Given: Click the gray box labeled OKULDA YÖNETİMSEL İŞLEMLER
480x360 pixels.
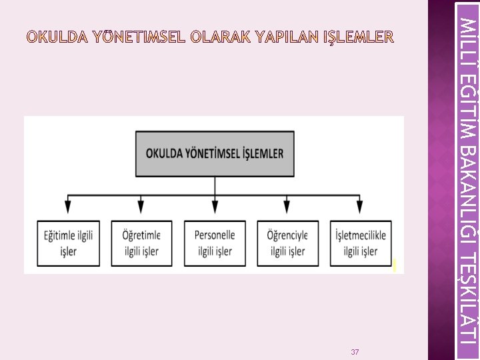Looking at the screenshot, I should pos(215,153).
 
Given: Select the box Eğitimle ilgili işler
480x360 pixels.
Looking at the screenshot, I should pos(69,243).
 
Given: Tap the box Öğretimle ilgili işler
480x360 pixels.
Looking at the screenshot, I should pos(141,243).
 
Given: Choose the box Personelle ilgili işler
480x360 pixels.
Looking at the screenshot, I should pos(215,243).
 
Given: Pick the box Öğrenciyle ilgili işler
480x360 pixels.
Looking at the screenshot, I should pos(287,243).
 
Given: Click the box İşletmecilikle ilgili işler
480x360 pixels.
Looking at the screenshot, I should pos(361,243).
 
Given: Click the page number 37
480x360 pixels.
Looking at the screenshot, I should pos(355,351).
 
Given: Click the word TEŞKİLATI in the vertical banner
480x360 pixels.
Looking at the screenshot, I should pos(468,293).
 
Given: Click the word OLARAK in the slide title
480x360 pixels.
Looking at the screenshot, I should pos(221,36).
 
